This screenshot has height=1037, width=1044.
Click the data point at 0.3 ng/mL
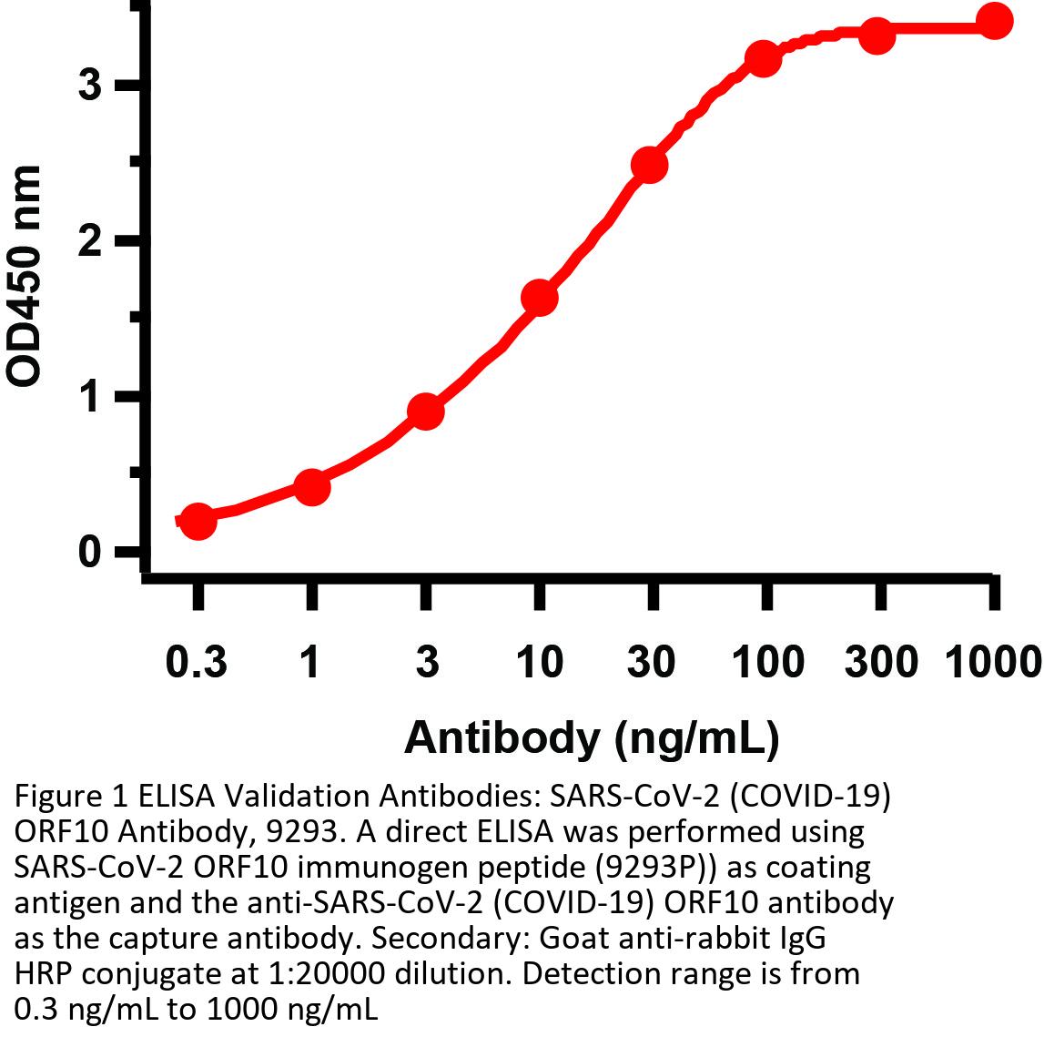coord(198,522)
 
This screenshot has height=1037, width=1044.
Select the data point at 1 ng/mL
coord(311,487)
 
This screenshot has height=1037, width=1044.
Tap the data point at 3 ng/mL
coord(426,412)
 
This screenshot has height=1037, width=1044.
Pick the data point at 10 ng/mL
coord(540,298)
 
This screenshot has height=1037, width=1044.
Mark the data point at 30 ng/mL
coord(650,165)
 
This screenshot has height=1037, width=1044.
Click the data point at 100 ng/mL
coord(764,59)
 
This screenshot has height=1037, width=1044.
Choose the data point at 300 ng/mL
coord(877,36)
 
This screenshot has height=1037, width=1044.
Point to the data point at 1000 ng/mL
coord(994,21)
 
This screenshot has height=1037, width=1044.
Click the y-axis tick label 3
coord(88,86)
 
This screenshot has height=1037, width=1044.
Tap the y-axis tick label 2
coord(88,241)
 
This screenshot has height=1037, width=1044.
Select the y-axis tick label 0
coord(88,553)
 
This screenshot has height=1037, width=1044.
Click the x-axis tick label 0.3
coord(197,662)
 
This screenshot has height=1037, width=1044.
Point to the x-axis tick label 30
coord(651,662)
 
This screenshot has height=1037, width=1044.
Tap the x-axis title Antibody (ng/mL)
coord(592,737)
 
